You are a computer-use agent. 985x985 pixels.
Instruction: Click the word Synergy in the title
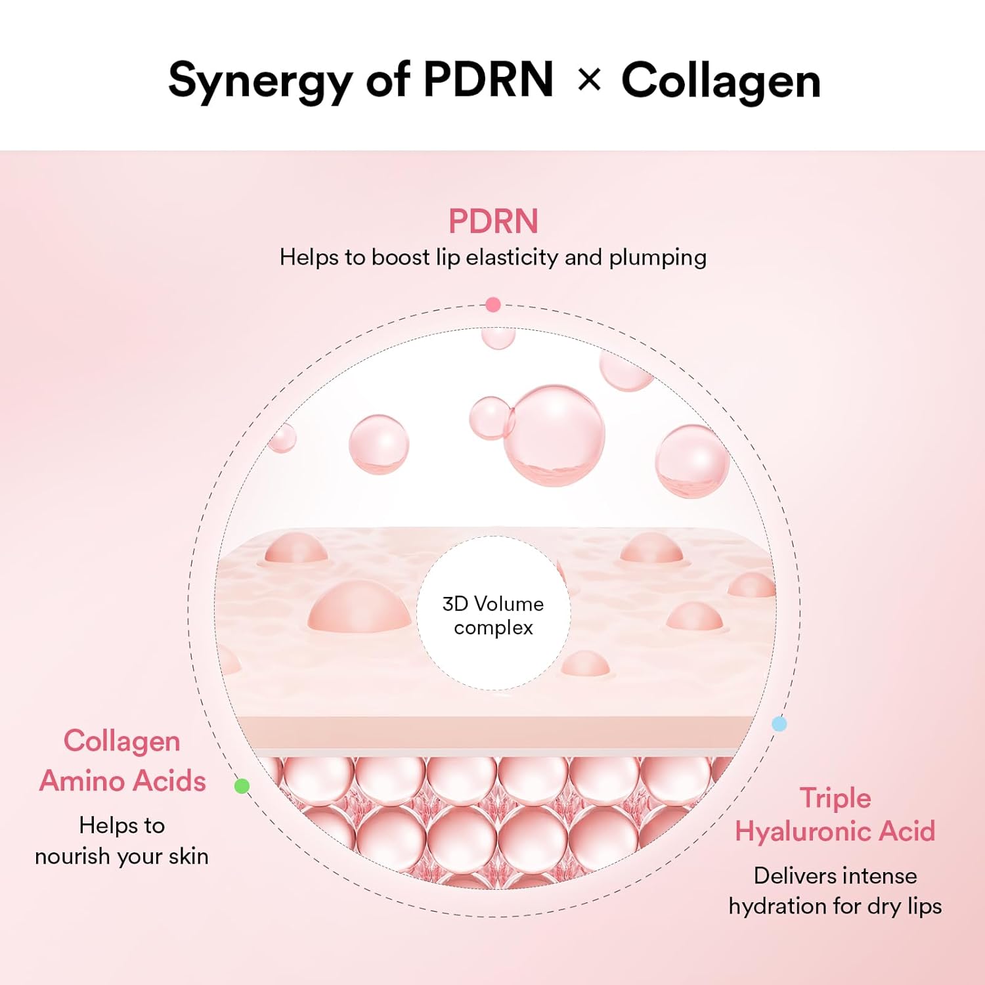tap(261, 81)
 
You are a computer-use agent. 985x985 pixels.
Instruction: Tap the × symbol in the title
tap(589, 80)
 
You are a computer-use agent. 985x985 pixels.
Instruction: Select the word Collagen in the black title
tap(720, 81)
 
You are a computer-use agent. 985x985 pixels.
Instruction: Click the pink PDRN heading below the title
tap(493, 221)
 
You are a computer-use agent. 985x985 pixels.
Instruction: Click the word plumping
tap(657, 258)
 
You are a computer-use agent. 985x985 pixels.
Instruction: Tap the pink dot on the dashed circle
tap(493, 305)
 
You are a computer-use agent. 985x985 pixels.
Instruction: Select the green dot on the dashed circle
tap(242, 785)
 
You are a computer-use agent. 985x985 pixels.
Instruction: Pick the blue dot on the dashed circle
tap(779, 724)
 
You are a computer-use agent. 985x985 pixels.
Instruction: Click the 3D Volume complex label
tap(493, 615)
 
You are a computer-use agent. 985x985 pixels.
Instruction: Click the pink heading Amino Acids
tap(123, 781)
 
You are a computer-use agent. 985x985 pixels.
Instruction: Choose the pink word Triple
tap(835, 799)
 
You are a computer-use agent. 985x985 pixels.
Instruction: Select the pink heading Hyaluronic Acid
tap(835, 831)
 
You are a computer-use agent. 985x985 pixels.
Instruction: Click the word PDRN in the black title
tap(488, 80)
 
